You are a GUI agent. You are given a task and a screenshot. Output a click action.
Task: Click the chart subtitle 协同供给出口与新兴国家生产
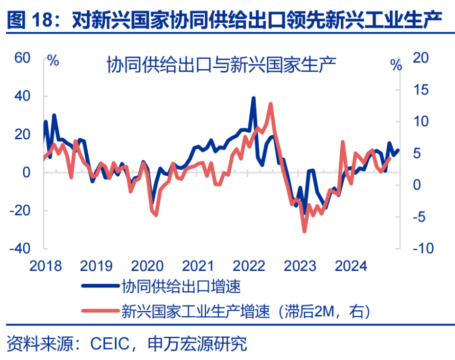(x=221, y=65)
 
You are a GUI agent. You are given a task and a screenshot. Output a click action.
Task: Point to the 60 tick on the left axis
(x=22, y=58)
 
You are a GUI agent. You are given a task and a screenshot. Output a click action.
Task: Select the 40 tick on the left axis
(x=22, y=96)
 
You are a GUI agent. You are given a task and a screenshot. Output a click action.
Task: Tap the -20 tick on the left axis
(x=19, y=210)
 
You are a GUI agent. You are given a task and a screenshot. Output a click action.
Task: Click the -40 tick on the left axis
(x=19, y=248)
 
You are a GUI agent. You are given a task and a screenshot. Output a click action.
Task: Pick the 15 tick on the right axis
(x=422, y=90)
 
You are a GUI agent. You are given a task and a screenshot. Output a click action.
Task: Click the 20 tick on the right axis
(x=422, y=58)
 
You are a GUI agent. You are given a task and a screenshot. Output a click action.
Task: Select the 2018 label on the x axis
(x=45, y=266)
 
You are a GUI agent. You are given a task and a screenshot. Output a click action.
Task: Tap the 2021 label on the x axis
(x=198, y=266)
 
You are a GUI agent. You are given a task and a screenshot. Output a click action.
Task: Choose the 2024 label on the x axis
(x=351, y=266)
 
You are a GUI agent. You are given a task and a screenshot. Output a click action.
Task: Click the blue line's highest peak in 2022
(x=254, y=98)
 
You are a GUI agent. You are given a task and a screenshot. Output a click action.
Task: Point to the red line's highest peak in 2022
(x=270, y=104)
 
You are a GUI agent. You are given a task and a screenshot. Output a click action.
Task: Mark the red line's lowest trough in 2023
(x=304, y=232)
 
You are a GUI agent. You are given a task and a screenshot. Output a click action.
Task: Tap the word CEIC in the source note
(x=107, y=344)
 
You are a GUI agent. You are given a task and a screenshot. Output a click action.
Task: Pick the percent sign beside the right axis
(x=396, y=65)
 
